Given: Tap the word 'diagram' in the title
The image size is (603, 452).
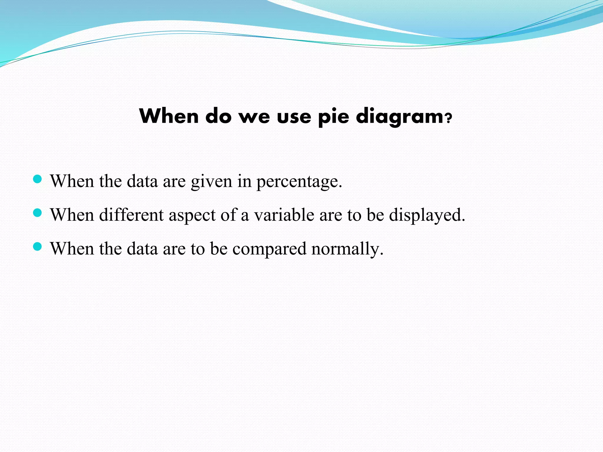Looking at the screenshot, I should coord(400,117).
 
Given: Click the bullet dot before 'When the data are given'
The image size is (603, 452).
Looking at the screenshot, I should coord(37,179).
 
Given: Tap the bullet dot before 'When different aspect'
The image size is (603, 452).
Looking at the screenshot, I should coord(37,213).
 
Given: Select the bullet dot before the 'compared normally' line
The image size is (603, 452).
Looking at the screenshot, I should coord(37,247).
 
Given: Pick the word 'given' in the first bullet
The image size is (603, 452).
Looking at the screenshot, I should coord(211,182).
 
